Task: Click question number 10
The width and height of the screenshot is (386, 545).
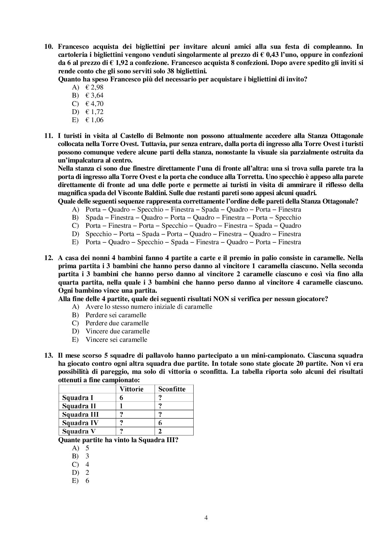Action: (x=49, y=47)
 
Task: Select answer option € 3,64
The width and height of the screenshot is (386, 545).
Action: (x=94, y=95)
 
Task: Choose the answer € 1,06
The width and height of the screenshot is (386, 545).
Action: (x=94, y=120)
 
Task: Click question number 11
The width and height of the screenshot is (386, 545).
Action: (x=49, y=136)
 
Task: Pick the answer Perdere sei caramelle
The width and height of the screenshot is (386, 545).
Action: (x=116, y=315)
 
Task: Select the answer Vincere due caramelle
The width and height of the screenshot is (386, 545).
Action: (x=117, y=331)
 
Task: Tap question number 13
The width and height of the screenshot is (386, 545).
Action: (x=49, y=355)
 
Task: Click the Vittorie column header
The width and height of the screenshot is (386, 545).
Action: (x=131, y=389)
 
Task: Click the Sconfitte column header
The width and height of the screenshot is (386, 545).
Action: (x=172, y=389)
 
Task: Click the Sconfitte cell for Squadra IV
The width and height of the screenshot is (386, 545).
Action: (x=160, y=423)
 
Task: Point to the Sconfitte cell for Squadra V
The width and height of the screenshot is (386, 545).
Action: (x=160, y=431)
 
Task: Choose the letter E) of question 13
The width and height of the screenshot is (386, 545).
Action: (x=75, y=481)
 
